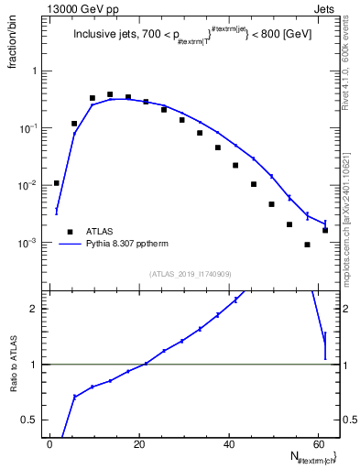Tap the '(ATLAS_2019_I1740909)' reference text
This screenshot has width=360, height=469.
click(190, 274)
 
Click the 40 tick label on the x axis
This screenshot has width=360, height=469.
click(229, 444)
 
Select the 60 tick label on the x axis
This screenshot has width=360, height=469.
click(317, 444)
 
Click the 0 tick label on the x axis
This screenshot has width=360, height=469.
click(50, 444)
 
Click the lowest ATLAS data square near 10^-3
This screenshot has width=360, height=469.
click(308, 245)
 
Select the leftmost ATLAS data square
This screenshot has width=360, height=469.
click(57, 183)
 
